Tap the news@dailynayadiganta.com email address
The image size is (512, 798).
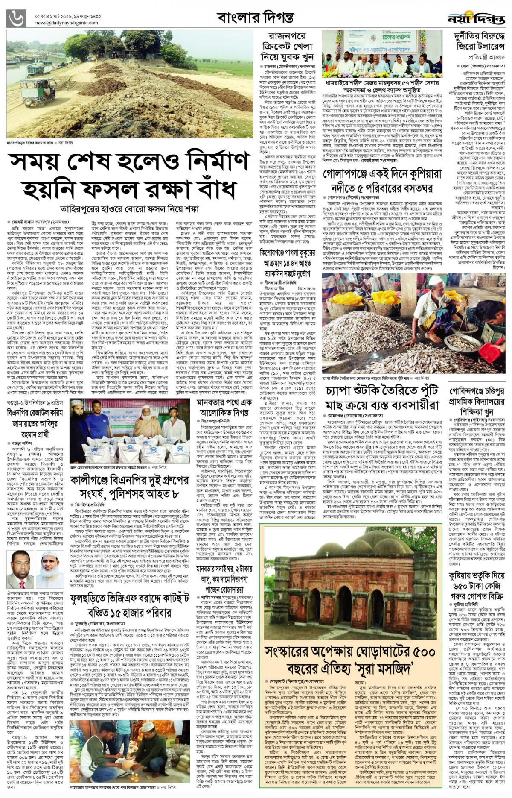[x=67, y=23]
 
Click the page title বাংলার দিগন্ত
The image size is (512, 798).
[x=255, y=18]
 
